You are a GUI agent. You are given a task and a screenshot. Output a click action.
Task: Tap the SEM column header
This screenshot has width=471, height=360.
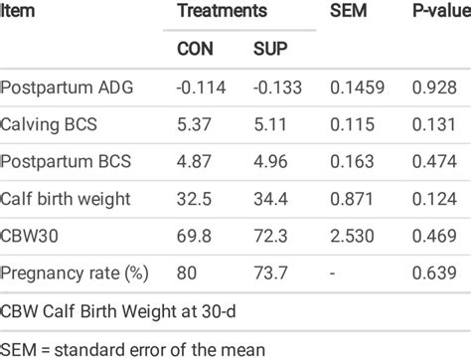click(x=347, y=11)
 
